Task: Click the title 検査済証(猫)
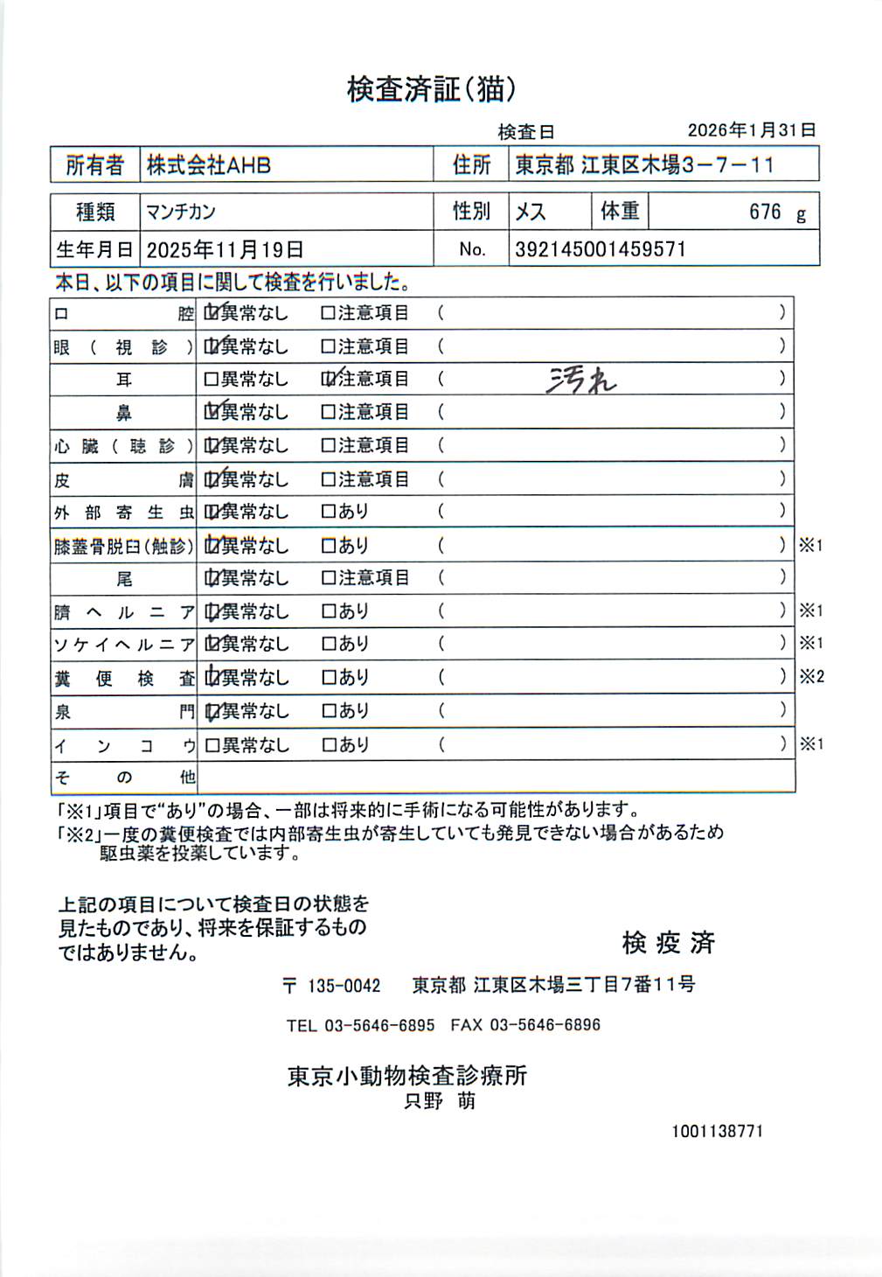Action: [431, 88]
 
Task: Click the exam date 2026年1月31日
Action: [751, 130]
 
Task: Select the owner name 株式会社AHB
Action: [208, 164]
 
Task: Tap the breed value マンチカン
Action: [180, 212]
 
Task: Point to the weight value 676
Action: [764, 212]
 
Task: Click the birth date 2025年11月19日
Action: [225, 250]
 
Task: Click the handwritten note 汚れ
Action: [581, 380]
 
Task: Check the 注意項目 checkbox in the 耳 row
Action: [329, 380]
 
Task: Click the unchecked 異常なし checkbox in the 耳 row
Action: [211, 380]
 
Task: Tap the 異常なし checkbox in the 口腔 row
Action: [211, 312]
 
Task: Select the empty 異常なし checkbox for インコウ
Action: [211, 745]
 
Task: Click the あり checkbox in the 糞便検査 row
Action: [329, 678]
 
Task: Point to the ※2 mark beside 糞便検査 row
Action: [810, 676]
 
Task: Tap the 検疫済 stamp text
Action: [668, 943]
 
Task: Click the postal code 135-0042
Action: [344, 986]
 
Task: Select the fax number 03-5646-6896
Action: [544, 1025]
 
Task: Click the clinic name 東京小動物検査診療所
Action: [407, 1075]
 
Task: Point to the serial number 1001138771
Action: [717, 1131]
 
